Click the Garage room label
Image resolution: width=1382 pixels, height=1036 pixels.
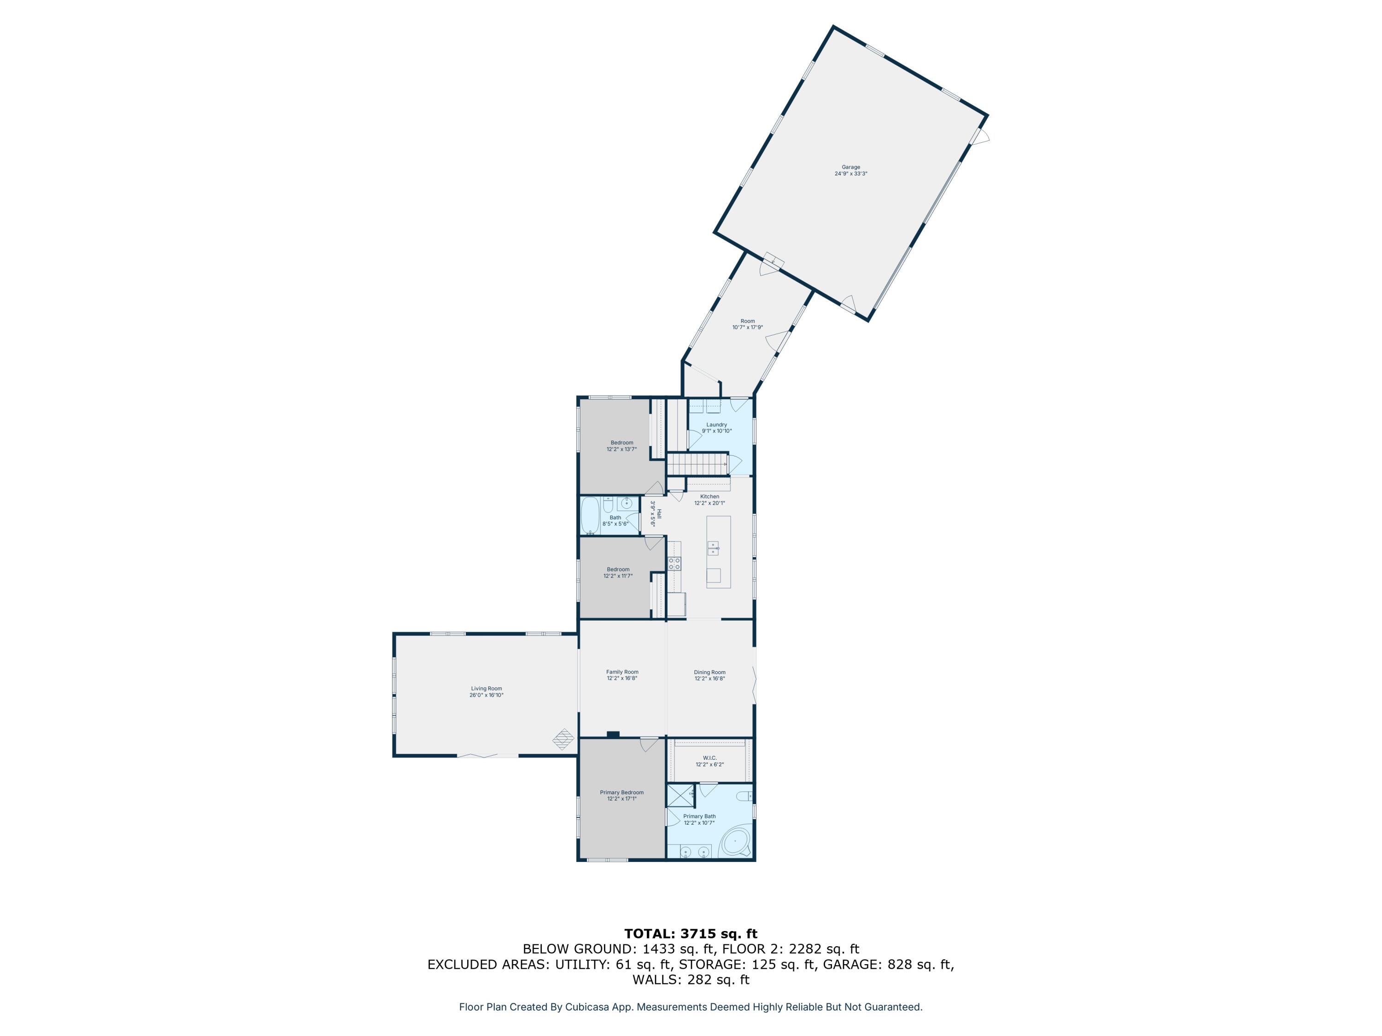(x=850, y=167)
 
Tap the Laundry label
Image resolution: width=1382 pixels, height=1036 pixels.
(x=717, y=425)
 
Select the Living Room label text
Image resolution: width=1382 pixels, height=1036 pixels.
(x=486, y=689)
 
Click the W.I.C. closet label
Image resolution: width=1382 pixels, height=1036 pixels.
(x=710, y=758)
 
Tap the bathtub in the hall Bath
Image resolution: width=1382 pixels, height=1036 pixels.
(x=591, y=516)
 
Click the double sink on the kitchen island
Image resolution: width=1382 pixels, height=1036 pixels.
(x=713, y=549)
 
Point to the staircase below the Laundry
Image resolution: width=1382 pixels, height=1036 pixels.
(x=697, y=465)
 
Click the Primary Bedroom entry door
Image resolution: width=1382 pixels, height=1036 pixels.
(x=649, y=743)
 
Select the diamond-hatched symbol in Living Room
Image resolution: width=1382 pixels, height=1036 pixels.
(x=563, y=739)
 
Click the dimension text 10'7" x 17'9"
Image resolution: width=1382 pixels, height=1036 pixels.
(x=747, y=327)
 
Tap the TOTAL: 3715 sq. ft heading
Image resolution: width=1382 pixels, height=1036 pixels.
(x=691, y=934)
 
